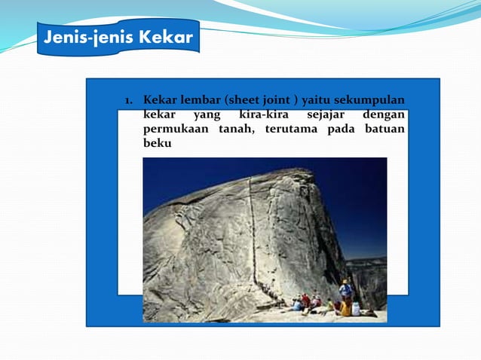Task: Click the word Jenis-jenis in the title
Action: click(x=82, y=38)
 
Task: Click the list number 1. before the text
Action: click(x=130, y=101)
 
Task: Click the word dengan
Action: click(x=383, y=115)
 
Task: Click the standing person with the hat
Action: click(x=346, y=291)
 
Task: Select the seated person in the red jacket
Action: click(x=305, y=301)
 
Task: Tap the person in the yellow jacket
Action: click(x=345, y=307)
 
